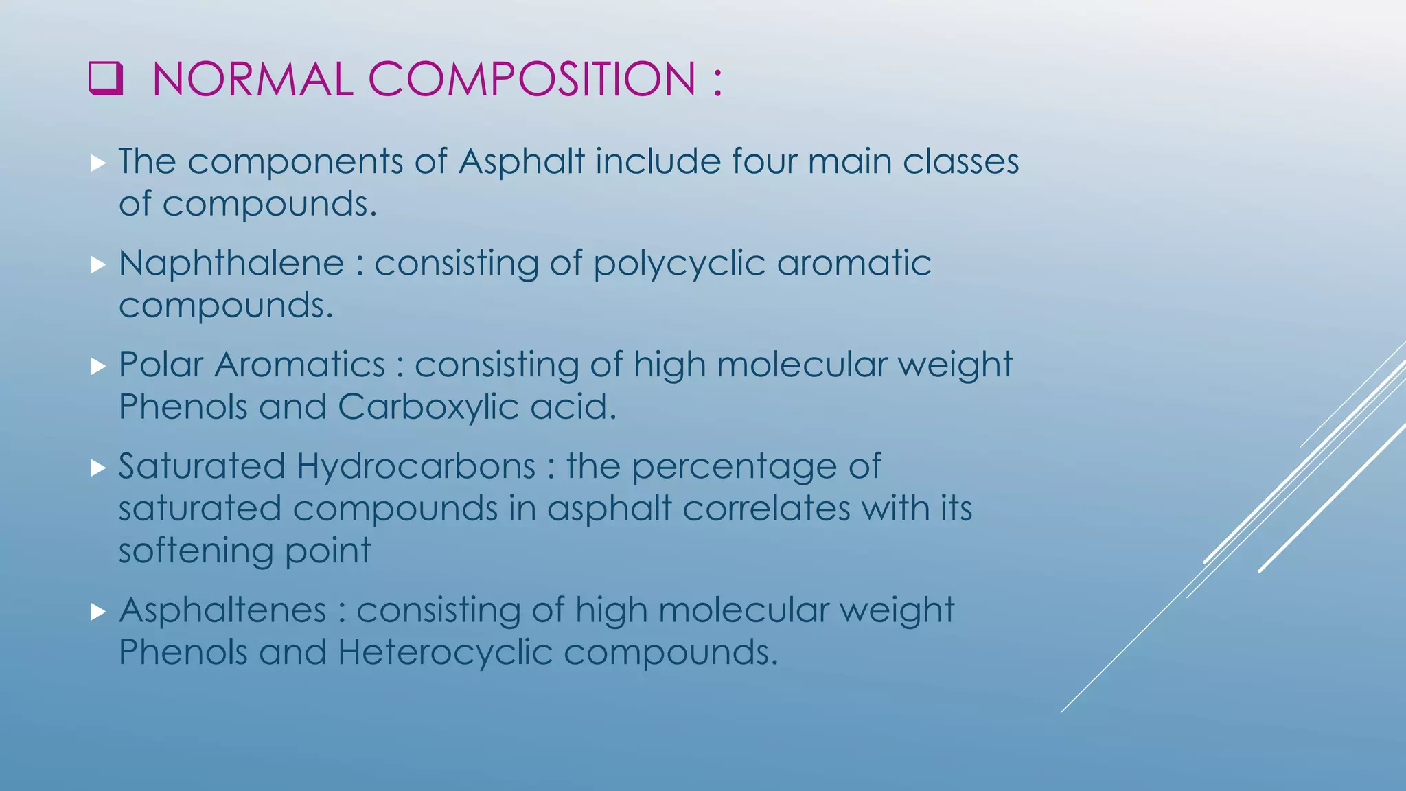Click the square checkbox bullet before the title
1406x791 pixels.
coord(106,78)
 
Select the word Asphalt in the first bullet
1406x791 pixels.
coord(521,162)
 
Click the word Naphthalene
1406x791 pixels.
coord(231,264)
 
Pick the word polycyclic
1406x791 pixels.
coord(679,264)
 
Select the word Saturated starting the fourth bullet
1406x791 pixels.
coord(201,467)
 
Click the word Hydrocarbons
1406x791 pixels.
coord(416,467)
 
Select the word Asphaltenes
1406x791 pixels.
coord(222,610)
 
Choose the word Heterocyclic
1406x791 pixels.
coord(445,652)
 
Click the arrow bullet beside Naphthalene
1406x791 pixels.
coord(98,264)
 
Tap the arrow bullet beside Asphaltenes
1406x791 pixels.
coord(98,611)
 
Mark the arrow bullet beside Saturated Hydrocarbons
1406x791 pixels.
coord(98,468)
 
